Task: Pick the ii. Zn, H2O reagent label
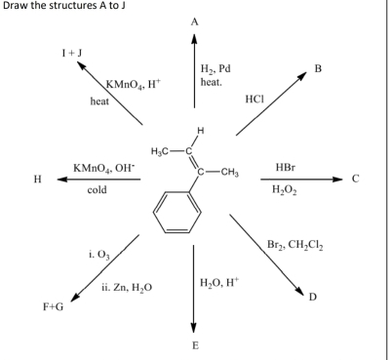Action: [125, 289]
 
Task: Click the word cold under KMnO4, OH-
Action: [97, 190]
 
